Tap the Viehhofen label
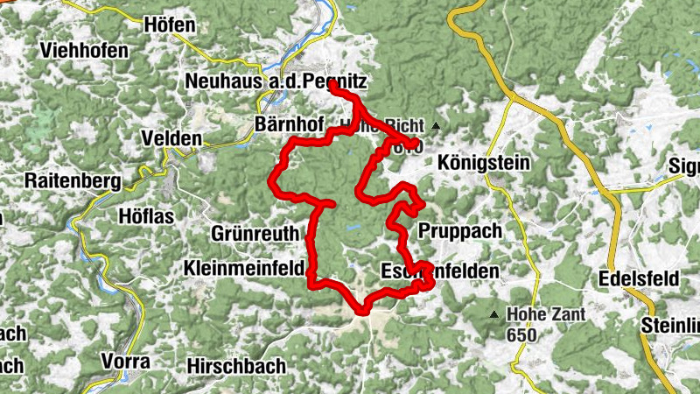tap(83, 51)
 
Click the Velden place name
tap(171, 139)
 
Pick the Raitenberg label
tap(72, 180)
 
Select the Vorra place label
tap(125, 361)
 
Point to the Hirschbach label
tap(236, 366)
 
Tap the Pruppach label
tap(458, 231)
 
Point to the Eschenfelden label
tap(440, 272)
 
